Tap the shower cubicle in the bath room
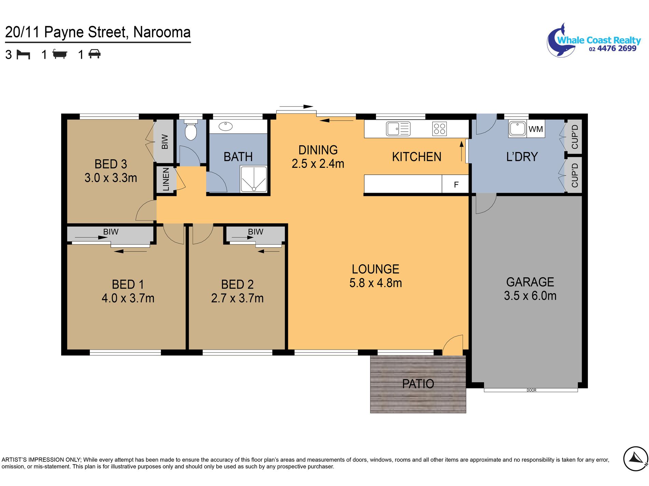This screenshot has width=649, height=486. point(253,179)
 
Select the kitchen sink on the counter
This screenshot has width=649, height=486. point(398,129)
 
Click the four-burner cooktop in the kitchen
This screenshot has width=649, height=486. point(440,129)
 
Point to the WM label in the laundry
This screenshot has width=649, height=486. point(536,129)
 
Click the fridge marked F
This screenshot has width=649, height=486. point(455,184)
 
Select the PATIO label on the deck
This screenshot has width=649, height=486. point(418,384)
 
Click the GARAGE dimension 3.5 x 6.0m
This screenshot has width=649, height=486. point(530,296)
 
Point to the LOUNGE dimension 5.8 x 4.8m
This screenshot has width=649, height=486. point(375,283)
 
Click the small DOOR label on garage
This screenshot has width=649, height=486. point(531,390)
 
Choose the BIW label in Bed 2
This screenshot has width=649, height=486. point(256,232)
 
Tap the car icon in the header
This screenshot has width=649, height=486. point(95,54)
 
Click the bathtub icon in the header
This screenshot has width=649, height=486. point(60,54)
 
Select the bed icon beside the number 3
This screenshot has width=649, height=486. point(23,55)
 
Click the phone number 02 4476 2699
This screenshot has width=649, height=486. point(612,48)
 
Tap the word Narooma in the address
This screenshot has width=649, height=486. point(162,32)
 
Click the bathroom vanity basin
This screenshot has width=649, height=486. point(225,127)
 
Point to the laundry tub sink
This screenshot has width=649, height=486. point(517,129)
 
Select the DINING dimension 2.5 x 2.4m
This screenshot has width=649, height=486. point(318,164)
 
